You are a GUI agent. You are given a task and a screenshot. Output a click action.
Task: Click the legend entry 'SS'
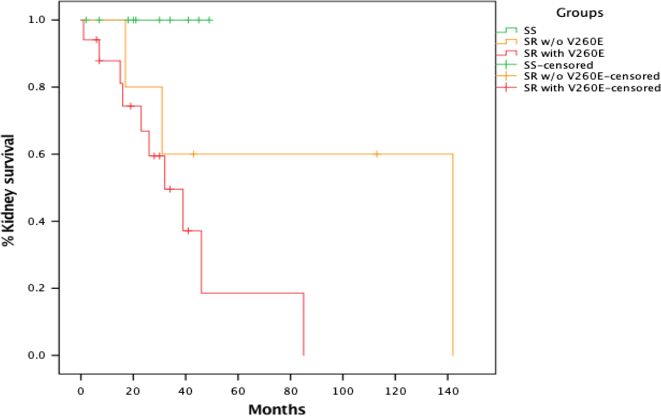530,30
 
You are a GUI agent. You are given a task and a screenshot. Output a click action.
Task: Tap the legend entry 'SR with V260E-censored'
592,88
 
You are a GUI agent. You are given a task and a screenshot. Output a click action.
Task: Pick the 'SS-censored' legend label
558,65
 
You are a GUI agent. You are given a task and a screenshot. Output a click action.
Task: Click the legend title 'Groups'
579,13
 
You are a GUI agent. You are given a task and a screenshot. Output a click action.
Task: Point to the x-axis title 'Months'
277,409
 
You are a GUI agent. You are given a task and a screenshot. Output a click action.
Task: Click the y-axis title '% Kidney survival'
8,190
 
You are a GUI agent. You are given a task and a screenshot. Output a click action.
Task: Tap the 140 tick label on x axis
448,391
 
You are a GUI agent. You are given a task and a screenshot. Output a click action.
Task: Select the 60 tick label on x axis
238,391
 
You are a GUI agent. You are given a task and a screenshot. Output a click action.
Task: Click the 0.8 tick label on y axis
37,87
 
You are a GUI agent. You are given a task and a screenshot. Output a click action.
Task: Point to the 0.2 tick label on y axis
37,288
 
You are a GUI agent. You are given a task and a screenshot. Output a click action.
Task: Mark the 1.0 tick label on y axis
37,20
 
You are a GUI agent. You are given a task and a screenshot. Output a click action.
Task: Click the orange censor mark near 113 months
377,154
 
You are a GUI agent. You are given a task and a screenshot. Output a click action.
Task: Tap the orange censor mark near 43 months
193,154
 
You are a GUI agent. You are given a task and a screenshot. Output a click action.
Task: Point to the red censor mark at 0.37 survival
188,231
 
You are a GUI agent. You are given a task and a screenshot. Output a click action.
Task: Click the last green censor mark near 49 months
209,20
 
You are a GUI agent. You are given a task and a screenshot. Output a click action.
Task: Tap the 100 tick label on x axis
343,391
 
